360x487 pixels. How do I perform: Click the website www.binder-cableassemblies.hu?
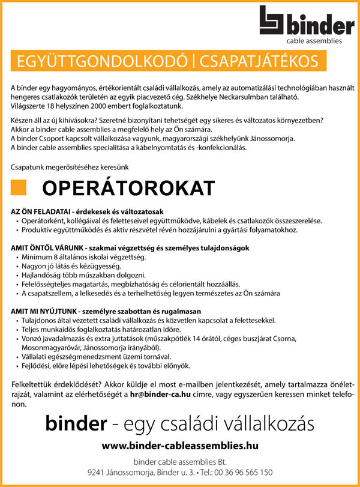[180, 446]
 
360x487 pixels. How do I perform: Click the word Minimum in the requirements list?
[35, 256]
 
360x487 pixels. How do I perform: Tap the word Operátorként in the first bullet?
[41, 221]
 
